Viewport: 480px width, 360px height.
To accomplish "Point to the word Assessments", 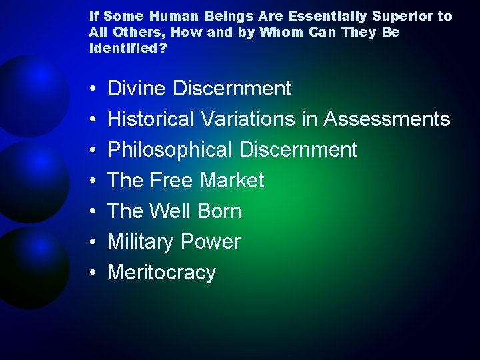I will tap(387, 119).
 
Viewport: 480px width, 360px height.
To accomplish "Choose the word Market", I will tap(233, 181).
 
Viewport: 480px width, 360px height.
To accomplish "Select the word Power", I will tap(211, 242).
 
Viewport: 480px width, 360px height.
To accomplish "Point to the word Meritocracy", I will tap(162, 273).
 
